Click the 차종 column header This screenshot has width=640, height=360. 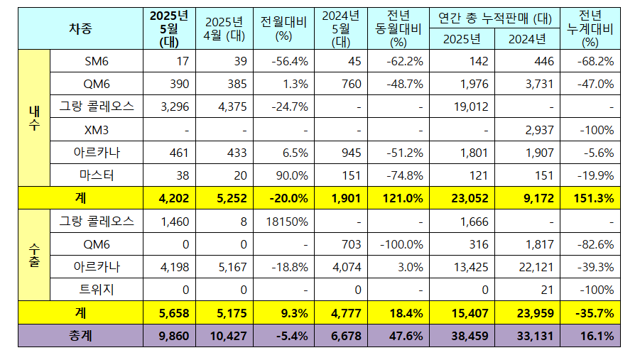[80, 29]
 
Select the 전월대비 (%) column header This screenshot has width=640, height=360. [283, 29]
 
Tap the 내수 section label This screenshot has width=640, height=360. [34, 119]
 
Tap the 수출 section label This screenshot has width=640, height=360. [34, 256]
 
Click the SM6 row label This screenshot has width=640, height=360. [96, 61]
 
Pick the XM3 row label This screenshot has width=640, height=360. [96, 130]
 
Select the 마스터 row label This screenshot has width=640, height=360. [96, 175]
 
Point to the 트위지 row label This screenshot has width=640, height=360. [96, 290]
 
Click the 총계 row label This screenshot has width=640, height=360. [80, 336]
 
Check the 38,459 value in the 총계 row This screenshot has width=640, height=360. [464, 336]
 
